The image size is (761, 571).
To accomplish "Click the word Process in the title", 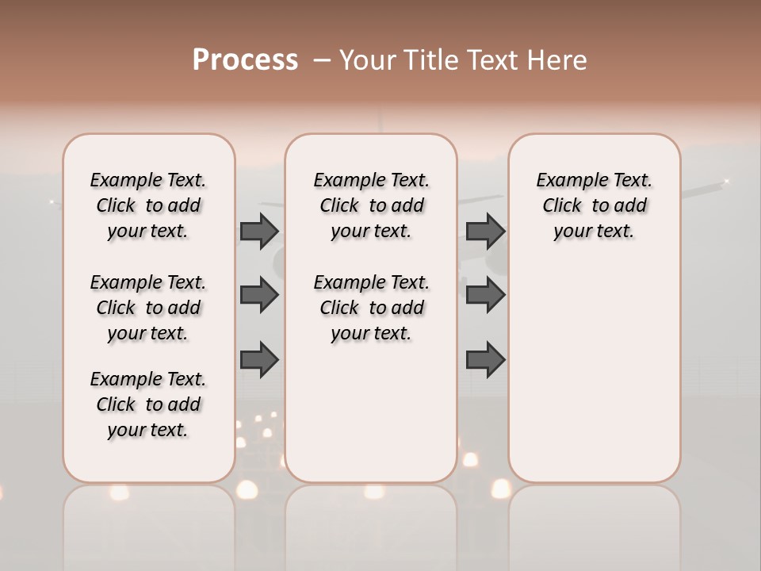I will click(x=245, y=60).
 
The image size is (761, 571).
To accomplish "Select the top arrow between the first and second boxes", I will click(x=259, y=231).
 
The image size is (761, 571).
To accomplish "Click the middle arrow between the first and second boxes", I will click(x=259, y=295).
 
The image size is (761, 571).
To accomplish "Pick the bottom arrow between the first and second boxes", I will click(x=259, y=360).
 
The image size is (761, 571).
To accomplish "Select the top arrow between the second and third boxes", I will click(x=485, y=231).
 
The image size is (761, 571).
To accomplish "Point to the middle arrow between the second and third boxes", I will click(x=485, y=295).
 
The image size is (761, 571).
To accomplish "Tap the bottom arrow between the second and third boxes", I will click(x=485, y=360).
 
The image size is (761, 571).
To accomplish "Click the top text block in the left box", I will click(x=148, y=205).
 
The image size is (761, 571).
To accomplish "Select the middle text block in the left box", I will click(x=148, y=308).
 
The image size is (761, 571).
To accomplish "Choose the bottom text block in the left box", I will click(x=148, y=404).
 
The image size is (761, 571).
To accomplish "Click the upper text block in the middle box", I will click(x=371, y=205).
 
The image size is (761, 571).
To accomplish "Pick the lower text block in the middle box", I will click(x=371, y=308).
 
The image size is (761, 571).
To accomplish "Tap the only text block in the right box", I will click(x=595, y=205).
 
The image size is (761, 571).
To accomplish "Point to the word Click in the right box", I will click(x=562, y=206).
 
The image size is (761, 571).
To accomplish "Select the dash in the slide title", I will click(x=322, y=60).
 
